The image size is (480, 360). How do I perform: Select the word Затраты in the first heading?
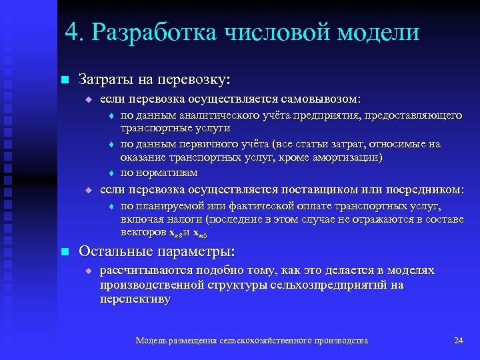point(107,79)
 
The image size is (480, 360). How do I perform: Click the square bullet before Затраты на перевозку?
point(64,80)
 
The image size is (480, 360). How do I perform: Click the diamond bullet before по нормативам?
point(111,173)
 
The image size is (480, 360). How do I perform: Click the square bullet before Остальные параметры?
point(64,252)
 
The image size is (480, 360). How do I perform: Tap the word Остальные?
point(115,252)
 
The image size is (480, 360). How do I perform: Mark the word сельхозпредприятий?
point(323,285)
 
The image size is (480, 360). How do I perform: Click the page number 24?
point(458,341)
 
